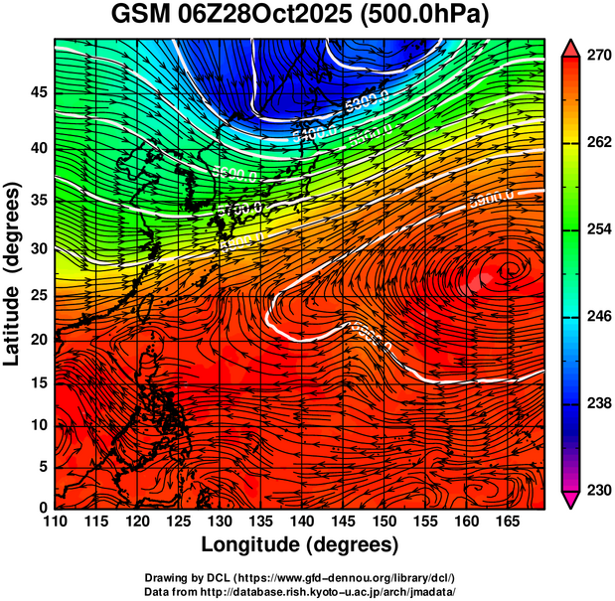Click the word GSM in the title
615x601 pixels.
point(142,15)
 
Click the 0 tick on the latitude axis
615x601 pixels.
point(42,508)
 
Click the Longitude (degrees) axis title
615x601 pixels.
point(300,544)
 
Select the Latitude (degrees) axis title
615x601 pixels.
point(13,273)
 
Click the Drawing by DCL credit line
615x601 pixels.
point(300,577)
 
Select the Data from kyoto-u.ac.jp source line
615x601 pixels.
point(300,591)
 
